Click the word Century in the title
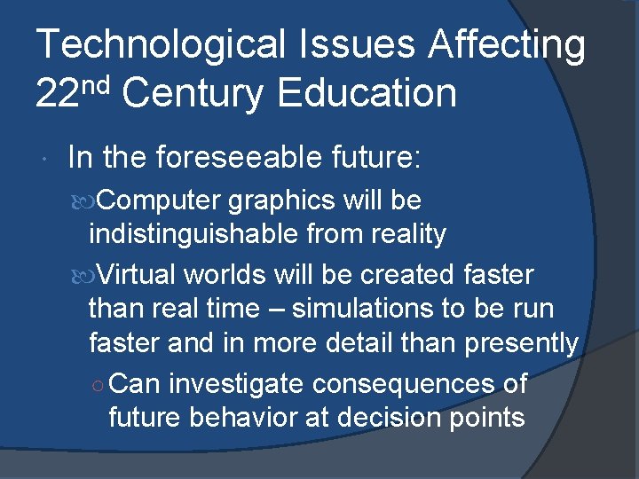tap(193, 92)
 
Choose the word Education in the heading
tap(367, 92)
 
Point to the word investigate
tap(230, 384)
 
